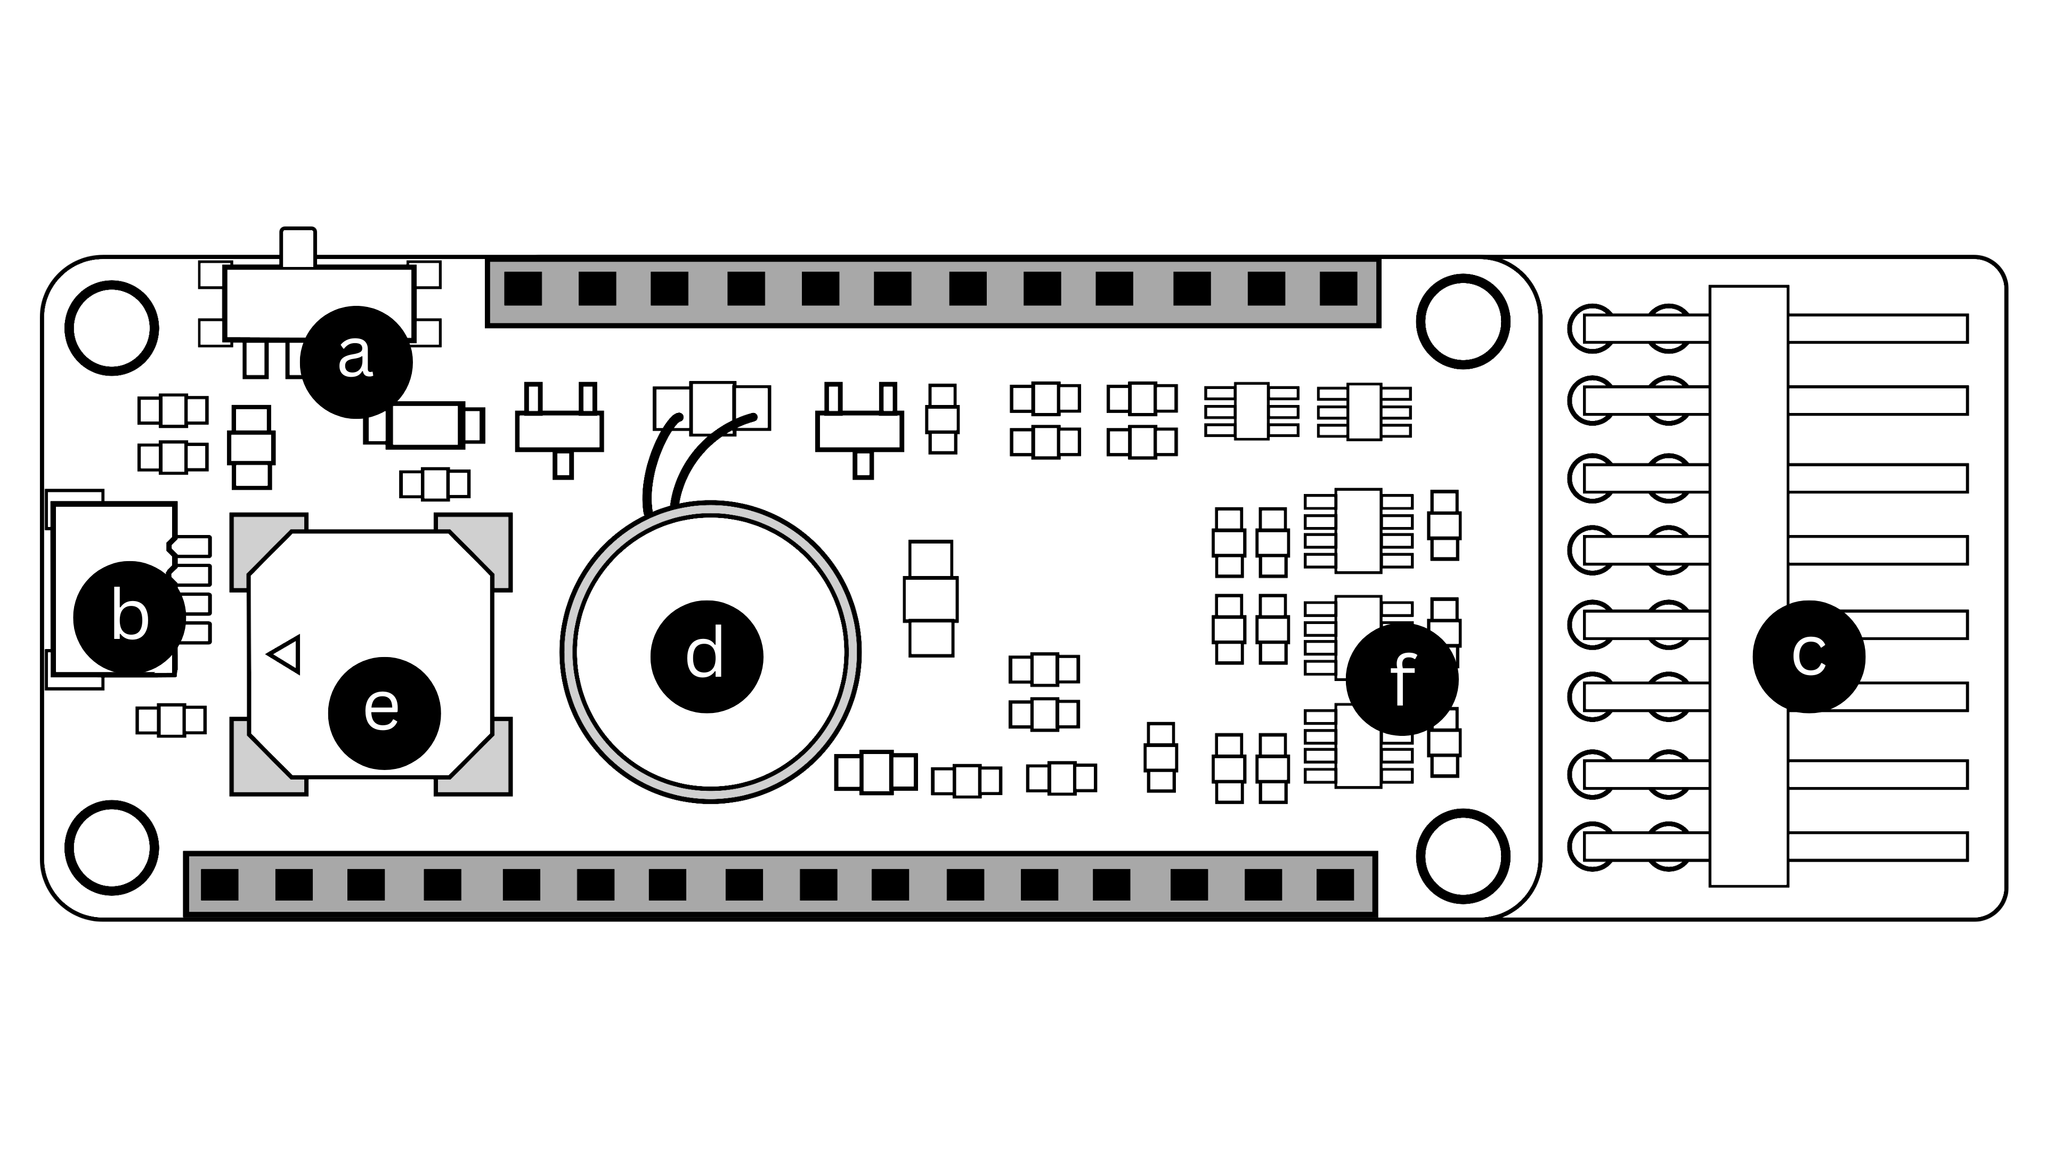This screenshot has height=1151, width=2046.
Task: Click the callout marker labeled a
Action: (356, 361)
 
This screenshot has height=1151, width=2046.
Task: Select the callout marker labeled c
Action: (1808, 656)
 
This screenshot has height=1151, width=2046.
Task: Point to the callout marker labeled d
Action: (706, 656)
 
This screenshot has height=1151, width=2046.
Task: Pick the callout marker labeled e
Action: (384, 712)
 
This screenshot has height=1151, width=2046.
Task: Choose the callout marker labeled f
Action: (1402, 679)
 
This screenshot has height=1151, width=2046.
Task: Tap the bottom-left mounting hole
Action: (111, 848)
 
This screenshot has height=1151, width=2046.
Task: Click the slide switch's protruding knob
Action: (298, 246)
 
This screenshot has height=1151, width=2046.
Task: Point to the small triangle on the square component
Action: (286, 654)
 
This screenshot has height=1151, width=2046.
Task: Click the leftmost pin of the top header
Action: (523, 288)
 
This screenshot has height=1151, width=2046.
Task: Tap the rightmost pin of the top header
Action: (1338, 288)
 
